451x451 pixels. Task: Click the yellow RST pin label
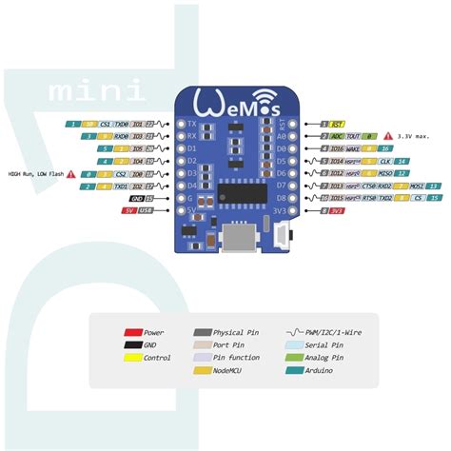coord(338,125)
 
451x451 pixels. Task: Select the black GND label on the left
coord(137,198)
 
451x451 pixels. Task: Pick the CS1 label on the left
coord(105,125)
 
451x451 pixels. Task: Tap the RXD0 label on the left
coord(123,137)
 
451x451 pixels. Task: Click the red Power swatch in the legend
coord(134,333)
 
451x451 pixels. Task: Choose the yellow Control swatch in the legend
coord(134,358)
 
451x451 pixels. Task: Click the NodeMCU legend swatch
coord(202,370)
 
